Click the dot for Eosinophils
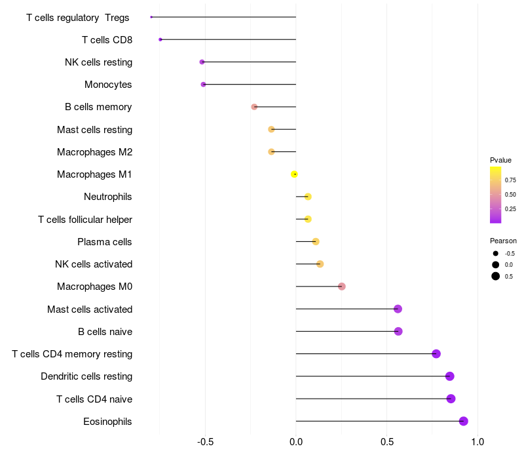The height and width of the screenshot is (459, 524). [464, 421]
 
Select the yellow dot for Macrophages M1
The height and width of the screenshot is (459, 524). [295, 174]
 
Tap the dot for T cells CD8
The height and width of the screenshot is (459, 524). [160, 39]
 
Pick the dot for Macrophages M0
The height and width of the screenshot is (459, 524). [341, 287]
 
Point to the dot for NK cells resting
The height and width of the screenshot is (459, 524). [202, 62]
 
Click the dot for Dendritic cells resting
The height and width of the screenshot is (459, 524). [449, 376]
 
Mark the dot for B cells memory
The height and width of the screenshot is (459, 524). [254, 107]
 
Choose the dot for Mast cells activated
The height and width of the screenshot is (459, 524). [398, 309]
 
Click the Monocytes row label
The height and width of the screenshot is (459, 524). [108, 85]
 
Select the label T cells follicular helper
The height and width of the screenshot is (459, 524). [85, 220]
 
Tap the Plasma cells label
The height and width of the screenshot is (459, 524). [105, 242]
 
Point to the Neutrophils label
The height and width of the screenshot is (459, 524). [108, 197]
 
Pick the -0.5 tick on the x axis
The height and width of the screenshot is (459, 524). [205, 442]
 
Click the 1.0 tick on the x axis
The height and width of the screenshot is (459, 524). [477, 442]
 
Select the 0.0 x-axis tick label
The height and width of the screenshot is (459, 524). [296, 442]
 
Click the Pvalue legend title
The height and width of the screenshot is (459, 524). [500, 160]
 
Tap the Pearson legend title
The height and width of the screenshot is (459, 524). [503, 241]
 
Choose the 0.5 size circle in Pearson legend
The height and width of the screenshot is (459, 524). [496, 276]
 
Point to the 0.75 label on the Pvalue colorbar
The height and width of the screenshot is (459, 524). [510, 180]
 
